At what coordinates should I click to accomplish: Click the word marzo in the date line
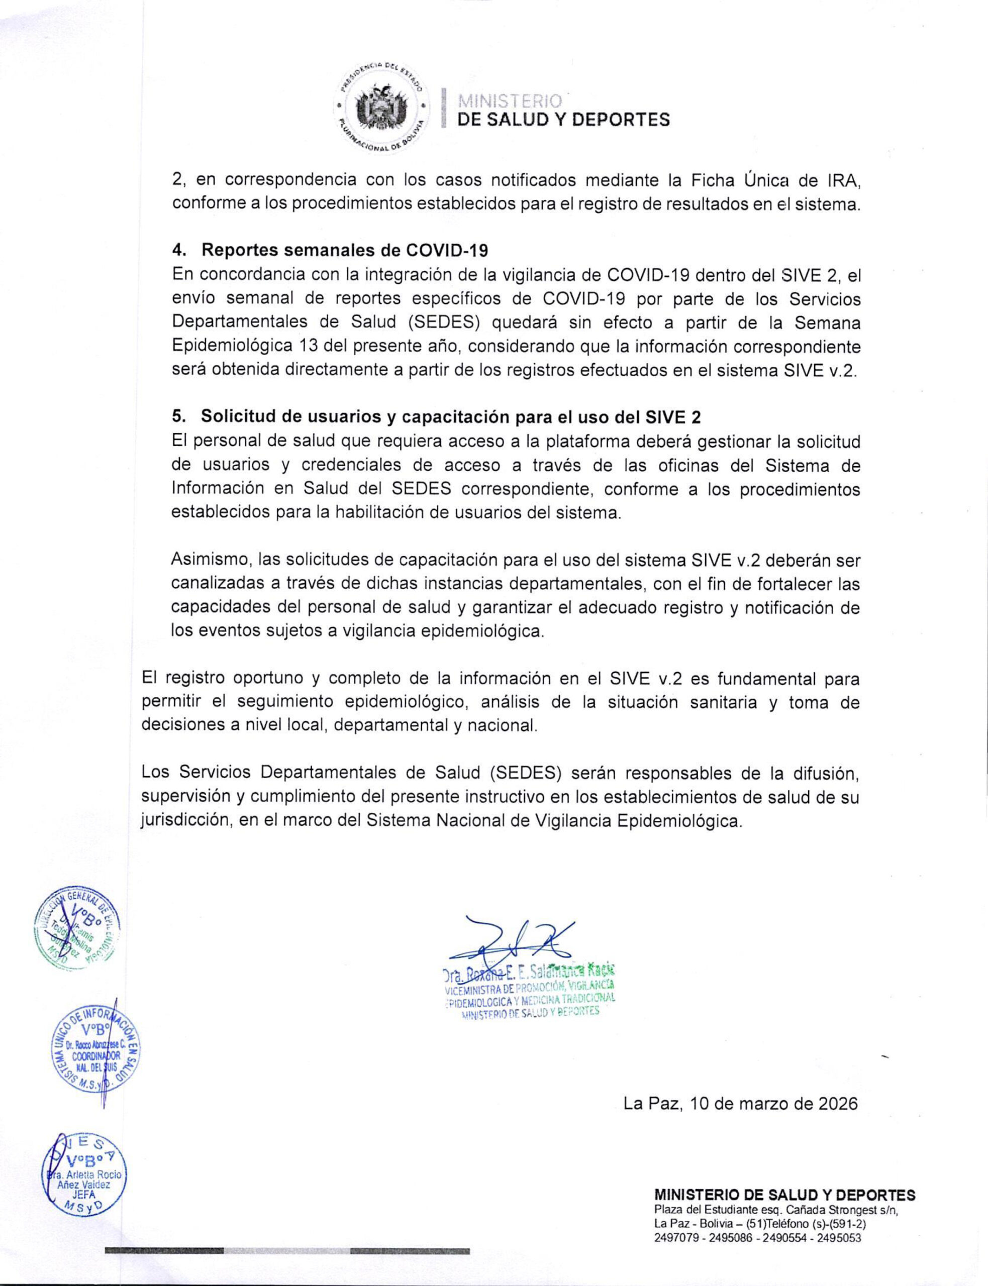pyautogui.click(x=760, y=1103)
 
